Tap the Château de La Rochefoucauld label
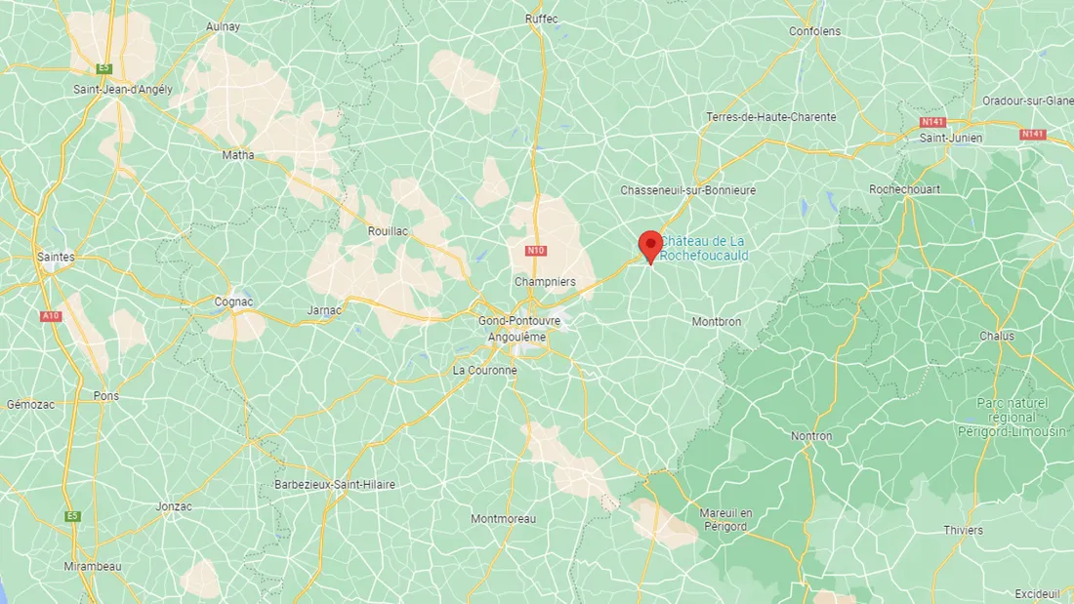pyautogui.click(x=705, y=249)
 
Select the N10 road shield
pyautogui.click(x=534, y=251)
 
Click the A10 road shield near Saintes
pyautogui.click(x=50, y=316)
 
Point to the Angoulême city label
pyautogui.click(x=516, y=337)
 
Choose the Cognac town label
pyautogui.click(x=233, y=302)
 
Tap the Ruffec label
pyautogui.click(x=541, y=19)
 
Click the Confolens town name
pyautogui.click(x=814, y=31)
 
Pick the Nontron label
pyautogui.click(x=811, y=436)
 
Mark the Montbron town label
pyautogui.click(x=717, y=321)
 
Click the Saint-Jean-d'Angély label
pyautogui.click(x=123, y=89)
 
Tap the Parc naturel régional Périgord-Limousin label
pyautogui.click(x=1012, y=417)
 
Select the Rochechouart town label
pyautogui.click(x=905, y=189)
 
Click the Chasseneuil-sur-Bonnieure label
pyautogui.click(x=688, y=190)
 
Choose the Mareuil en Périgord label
pyautogui.click(x=723, y=519)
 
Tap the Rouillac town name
pyautogui.click(x=388, y=231)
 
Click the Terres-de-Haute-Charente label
pyautogui.click(x=771, y=117)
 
